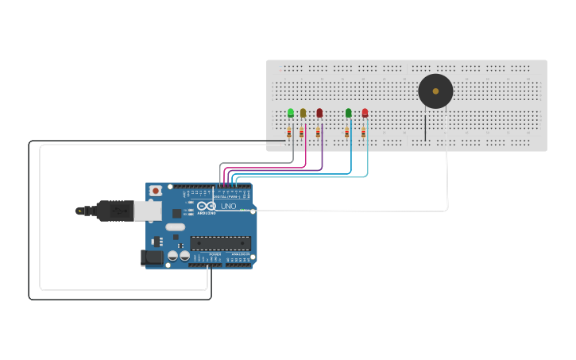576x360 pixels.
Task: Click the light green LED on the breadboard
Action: tap(291, 112)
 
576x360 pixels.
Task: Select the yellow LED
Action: tap(303, 113)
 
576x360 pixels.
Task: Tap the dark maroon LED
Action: tap(319, 113)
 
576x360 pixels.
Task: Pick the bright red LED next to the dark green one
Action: tap(365, 113)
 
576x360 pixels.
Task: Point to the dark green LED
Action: tap(348, 113)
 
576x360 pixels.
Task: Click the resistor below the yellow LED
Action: tap(302, 133)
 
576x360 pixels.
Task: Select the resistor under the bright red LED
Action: tap(364, 133)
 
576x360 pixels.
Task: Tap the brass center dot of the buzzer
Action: tap(435, 91)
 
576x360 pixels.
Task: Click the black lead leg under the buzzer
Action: tap(425, 127)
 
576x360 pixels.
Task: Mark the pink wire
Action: tap(306, 155)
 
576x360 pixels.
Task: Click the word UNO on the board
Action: tap(228, 206)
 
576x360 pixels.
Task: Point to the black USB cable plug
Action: tap(115, 211)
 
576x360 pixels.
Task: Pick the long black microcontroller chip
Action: tap(220, 242)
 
